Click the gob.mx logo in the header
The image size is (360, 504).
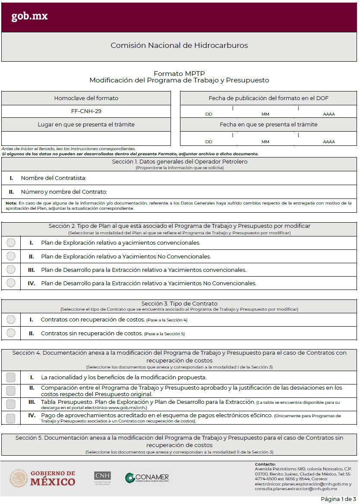coord(29,16)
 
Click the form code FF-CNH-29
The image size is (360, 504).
coord(86,111)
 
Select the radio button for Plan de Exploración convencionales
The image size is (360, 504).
coord(11,243)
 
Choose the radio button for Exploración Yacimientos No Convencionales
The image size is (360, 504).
coord(11,256)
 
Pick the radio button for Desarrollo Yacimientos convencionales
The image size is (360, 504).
coord(11,270)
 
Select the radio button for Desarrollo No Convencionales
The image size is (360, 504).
coord(11,283)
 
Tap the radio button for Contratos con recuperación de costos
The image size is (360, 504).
coord(11,320)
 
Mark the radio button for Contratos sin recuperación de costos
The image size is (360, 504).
coord(11,333)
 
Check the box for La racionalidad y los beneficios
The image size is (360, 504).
coord(11,377)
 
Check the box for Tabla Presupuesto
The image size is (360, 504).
coord(11,404)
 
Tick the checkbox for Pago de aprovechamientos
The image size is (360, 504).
coord(11,418)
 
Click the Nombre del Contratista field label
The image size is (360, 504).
coord(54,178)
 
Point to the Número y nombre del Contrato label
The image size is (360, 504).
coord(63,192)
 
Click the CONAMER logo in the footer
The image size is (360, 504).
coord(147,478)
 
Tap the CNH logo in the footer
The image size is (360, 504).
coord(102,478)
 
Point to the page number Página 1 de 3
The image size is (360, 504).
coord(338,499)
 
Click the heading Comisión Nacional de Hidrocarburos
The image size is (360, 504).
coord(179,45)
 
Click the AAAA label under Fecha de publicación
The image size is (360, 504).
coord(329,114)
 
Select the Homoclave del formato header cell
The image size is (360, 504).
coord(86,98)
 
